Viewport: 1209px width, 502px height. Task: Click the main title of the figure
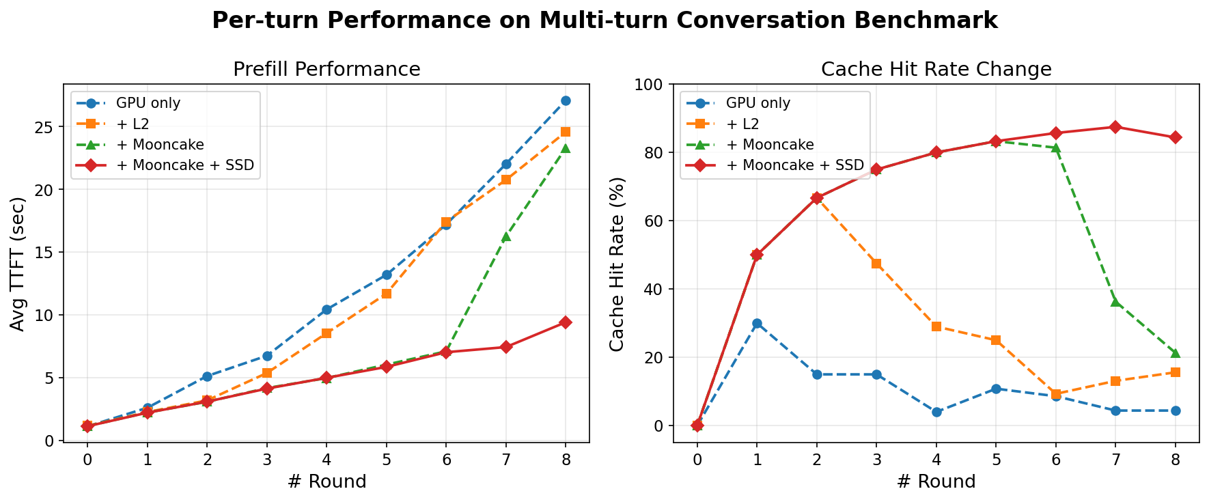tap(604, 20)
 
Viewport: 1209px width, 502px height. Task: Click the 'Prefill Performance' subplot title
tap(326, 70)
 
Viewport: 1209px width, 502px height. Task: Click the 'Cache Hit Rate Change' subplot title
tap(936, 70)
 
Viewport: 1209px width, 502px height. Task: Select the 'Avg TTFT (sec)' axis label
tap(18, 264)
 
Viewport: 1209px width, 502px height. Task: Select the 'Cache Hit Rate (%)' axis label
tap(617, 264)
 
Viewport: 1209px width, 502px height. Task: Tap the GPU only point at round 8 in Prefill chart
tap(566, 100)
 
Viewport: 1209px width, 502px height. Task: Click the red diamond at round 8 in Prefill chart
tap(566, 322)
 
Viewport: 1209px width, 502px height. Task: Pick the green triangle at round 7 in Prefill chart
tap(506, 236)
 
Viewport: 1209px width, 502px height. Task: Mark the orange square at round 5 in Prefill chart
tap(387, 294)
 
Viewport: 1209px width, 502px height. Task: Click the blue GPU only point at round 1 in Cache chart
tap(757, 323)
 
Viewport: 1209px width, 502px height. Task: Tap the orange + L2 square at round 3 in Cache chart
tap(876, 264)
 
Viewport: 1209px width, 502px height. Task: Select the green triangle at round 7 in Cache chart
tap(1115, 301)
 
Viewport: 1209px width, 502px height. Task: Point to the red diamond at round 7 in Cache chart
tap(1115, 127)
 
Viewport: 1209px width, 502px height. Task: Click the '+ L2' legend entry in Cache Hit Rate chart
tap(742, 124)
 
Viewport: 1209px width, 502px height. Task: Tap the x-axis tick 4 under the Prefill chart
tap(326, 457)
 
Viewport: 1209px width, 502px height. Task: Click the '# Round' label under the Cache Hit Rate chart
tap(936, 482)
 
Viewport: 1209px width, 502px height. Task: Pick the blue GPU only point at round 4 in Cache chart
tap(936, 412)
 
